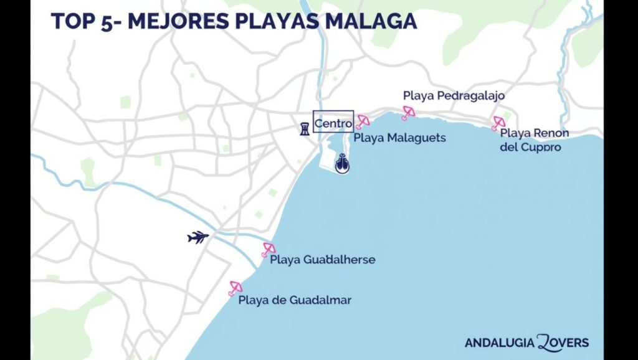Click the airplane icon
coord(198,237)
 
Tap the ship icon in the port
coord(342,163)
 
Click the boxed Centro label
coord(333,123)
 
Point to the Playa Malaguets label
coord(400,138)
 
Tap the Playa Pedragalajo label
coord(454,96)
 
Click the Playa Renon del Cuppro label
coord(534,140)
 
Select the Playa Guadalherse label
coord(323,259)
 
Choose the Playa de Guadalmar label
coord(295,300)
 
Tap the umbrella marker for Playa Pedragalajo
coord(408,112)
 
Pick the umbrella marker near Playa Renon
coord(498,123)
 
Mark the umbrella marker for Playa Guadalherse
coord(269,249)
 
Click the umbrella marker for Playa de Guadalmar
coord(235,287)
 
